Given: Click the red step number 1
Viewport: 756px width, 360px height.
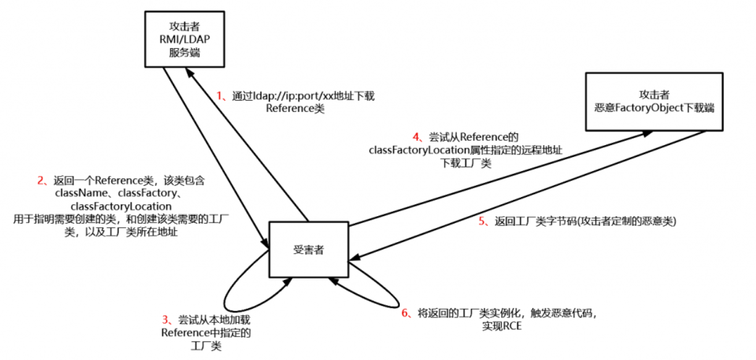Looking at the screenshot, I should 219,96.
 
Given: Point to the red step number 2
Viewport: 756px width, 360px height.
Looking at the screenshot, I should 41,181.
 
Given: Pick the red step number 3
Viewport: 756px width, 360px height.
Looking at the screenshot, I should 166,319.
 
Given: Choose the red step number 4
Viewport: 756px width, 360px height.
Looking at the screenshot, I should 416,136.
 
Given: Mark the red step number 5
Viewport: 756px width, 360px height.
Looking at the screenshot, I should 483,221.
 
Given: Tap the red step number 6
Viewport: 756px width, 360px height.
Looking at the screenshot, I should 405,313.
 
